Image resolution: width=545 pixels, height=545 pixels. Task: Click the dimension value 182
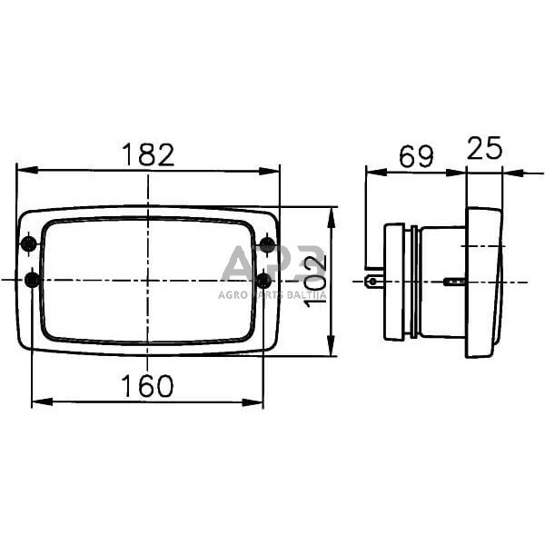[149, 154]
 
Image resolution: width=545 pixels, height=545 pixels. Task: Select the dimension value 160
[149, 386]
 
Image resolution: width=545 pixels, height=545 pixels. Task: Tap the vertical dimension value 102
[314, 280]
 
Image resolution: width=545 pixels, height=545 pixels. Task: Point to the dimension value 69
[416, 155]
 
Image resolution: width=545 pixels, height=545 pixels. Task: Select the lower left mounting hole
[33, 280]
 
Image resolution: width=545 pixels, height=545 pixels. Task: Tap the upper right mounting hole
[267, 244]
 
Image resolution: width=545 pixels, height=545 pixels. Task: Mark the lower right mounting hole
[264, 280]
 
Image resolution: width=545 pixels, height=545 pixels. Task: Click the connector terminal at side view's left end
[372, 282]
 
